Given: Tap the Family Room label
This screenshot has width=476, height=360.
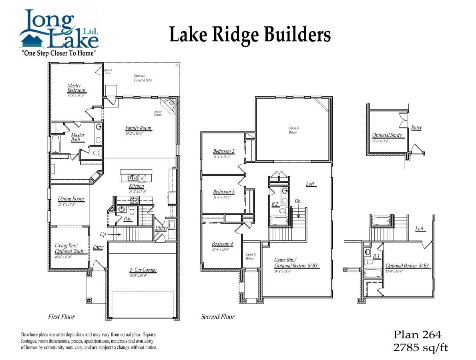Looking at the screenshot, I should (x=139, y=128).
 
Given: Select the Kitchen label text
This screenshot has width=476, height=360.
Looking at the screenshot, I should (x=136, y=186).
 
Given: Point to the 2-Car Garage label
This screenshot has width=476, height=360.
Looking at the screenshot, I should (x=143, y=270).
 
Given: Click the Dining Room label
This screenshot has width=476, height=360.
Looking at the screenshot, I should (x=71, y=199).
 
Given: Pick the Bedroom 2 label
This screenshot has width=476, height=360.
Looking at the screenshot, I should (x=224, y=151).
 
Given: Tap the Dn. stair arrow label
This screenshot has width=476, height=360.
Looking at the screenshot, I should (x=298, y=201).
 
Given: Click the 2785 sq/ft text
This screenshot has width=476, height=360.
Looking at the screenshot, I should (x=420, y=347).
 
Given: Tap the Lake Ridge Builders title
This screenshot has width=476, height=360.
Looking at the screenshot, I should (x=250, y=34).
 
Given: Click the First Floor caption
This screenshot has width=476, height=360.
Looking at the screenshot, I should (x=61, y=317).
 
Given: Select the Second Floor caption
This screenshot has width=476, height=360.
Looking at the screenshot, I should (x=217, y=317).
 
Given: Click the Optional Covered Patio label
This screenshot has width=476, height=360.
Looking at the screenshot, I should (x=143, y=78).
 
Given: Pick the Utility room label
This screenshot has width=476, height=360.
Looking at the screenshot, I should (x=161, y=228).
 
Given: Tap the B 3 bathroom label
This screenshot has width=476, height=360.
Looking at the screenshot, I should (x=376, y=256).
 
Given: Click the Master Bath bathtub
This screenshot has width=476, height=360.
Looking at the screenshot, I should (x=55, y=144).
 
